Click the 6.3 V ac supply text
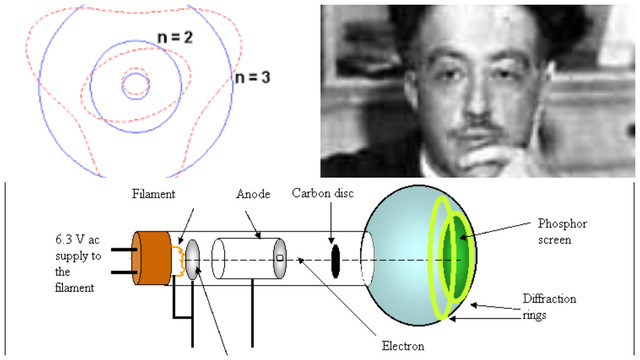(40, 261)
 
